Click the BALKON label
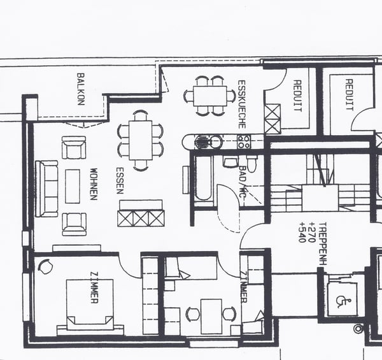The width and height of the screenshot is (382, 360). click(x=81, y=89)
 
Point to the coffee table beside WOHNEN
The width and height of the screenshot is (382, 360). click(x=73, y=185)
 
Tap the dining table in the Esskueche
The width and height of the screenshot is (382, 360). click(x=209, y=96)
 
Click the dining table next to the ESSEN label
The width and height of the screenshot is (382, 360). click(x=141, y=140)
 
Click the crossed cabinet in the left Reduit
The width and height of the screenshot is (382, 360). click(x=272, y=118)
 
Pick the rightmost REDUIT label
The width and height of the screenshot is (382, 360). click(x=349, y=94)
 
